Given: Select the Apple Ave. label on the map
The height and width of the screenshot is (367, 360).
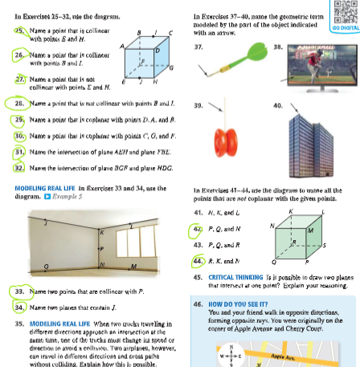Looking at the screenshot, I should point(321,351).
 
